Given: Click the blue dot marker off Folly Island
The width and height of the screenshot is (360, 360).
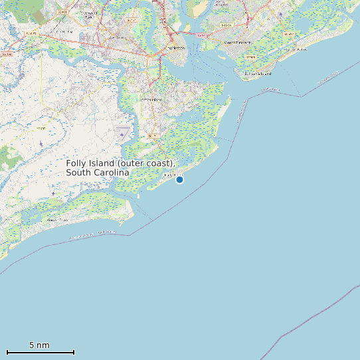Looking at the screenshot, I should pos(179,179).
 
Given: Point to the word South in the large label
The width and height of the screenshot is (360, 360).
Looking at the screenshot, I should pos(78,173).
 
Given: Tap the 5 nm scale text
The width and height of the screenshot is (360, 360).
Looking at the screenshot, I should pos(39,345).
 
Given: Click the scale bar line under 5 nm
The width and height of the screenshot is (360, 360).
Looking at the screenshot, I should pos(40,352).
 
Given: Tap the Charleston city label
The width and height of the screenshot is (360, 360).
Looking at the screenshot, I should pos(175,48).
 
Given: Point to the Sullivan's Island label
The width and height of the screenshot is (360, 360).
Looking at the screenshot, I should pos(257,74).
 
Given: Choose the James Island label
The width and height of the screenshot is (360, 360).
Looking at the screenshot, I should pos(151,99).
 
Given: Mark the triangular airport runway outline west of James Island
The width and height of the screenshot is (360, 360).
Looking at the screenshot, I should pos(122,133).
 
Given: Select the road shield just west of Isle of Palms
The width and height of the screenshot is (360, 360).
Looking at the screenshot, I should pos(287,33).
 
